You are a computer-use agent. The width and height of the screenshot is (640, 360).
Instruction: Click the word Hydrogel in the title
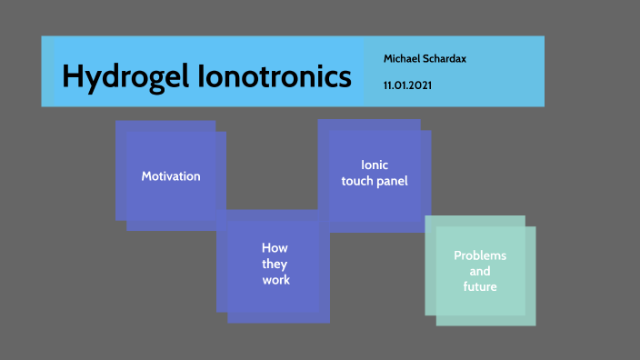point(125,77)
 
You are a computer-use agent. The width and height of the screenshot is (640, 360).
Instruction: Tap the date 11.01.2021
point(407,85)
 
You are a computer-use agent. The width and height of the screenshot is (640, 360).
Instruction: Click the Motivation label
point(171,176)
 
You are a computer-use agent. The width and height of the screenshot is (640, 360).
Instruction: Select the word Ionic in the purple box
point(375,165)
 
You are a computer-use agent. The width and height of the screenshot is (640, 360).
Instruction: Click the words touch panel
point(375,181)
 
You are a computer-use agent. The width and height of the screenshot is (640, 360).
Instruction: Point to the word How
point(275,247)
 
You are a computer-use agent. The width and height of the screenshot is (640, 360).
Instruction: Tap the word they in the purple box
point(275,264)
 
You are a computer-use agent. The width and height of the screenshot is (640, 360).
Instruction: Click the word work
point(275,280)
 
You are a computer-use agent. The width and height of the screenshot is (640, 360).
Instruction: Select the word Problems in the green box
point(480,255)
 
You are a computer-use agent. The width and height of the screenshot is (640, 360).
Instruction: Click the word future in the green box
point(480,287)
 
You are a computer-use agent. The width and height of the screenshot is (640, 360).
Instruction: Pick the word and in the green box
point(480,272)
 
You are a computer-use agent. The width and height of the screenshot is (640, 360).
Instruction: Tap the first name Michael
point(401,58)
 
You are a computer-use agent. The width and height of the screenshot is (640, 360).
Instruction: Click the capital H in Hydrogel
point(72,77)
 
